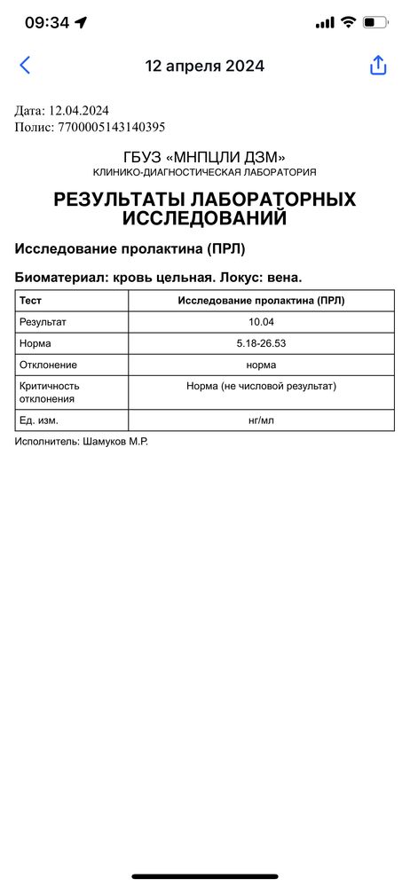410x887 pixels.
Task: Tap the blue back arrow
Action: (25, 65)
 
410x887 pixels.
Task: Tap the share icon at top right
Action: (378, 66)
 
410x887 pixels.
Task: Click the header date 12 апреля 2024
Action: (205, 66)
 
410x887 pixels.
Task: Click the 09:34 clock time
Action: (46, 23)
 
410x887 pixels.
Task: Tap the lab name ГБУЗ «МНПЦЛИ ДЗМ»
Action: (205, 157)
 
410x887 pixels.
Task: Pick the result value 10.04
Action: (261, 322)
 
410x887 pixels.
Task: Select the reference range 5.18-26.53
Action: (261, 343)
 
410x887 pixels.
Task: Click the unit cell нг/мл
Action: (261, 420)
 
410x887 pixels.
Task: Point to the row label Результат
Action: (43, 322)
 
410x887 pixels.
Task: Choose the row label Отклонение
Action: (48, 365)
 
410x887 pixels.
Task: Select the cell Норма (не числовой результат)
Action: (261, 387)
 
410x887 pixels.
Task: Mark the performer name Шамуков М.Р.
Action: (114, 441)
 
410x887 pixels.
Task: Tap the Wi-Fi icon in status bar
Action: (349, 22)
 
